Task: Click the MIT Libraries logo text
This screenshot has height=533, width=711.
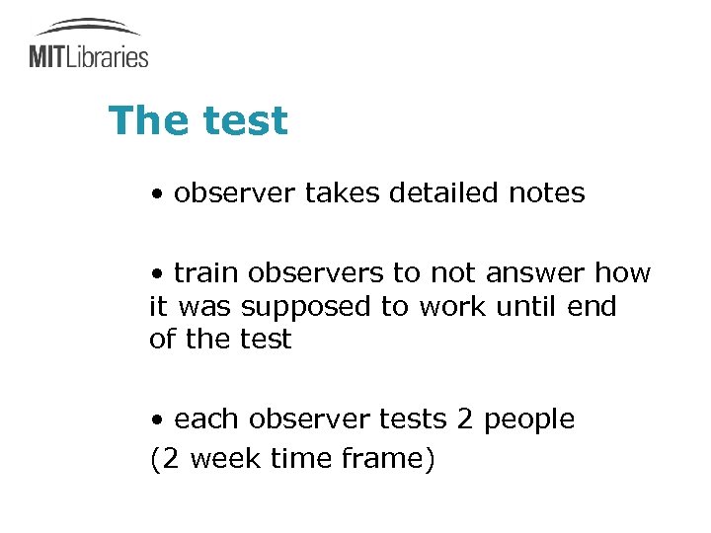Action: coord(89,56)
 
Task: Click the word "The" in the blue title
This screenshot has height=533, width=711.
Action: coord(148,121)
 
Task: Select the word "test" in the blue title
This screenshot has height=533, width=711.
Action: coord(244,121)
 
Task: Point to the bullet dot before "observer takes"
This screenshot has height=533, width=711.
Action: coord(157,194)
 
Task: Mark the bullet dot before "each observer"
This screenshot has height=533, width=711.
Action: coord(157,420)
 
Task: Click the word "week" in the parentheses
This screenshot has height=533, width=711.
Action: coord(224,459)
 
